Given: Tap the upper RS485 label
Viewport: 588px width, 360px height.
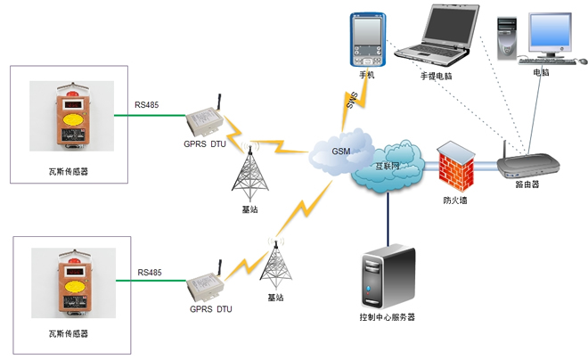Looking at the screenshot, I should point(146,106).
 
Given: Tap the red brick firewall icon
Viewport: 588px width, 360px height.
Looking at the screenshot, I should point(453,166).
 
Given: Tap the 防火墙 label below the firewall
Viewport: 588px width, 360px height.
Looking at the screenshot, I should point(456,200).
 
